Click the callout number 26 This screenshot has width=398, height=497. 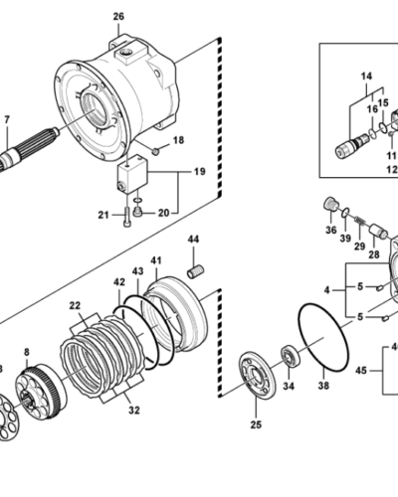tap(118, 17)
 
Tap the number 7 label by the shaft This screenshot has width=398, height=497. tap(7, 121)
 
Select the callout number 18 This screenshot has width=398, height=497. tap(179, 140)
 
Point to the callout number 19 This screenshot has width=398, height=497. tap(199, 172)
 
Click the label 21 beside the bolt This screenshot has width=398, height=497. tap(102, 214)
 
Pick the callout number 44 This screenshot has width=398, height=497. tap(194, 240)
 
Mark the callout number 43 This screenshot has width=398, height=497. tap(137, 269)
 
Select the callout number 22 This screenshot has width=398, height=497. tap(75, 304)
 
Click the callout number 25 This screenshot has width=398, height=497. tap(256, 424)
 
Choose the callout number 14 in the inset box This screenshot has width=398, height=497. tap(364, 75)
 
